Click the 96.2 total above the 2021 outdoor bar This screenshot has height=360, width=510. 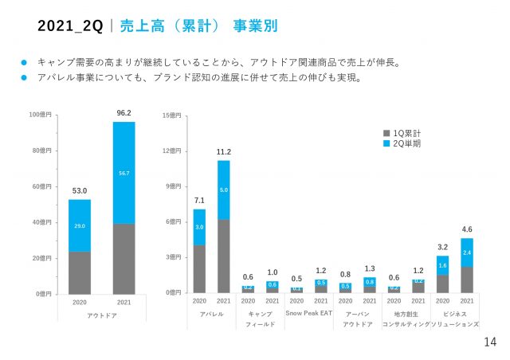[124, 113]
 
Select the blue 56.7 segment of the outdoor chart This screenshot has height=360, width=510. [124, 172]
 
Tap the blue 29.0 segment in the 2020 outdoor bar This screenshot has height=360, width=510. [79, 226]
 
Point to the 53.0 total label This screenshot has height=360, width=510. [79, 190]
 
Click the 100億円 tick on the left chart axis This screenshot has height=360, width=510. [41, 115]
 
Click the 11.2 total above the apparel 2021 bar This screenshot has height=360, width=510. [223, 151]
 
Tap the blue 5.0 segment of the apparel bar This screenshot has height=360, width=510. [223, 190]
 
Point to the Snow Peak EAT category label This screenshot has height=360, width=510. [308, 314]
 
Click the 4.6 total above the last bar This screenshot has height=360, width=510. [466, 229]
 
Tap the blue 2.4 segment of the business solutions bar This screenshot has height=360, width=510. [466, 252]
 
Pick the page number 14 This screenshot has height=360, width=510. [490, 342]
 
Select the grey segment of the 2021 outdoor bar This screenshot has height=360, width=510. [124, 259]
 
